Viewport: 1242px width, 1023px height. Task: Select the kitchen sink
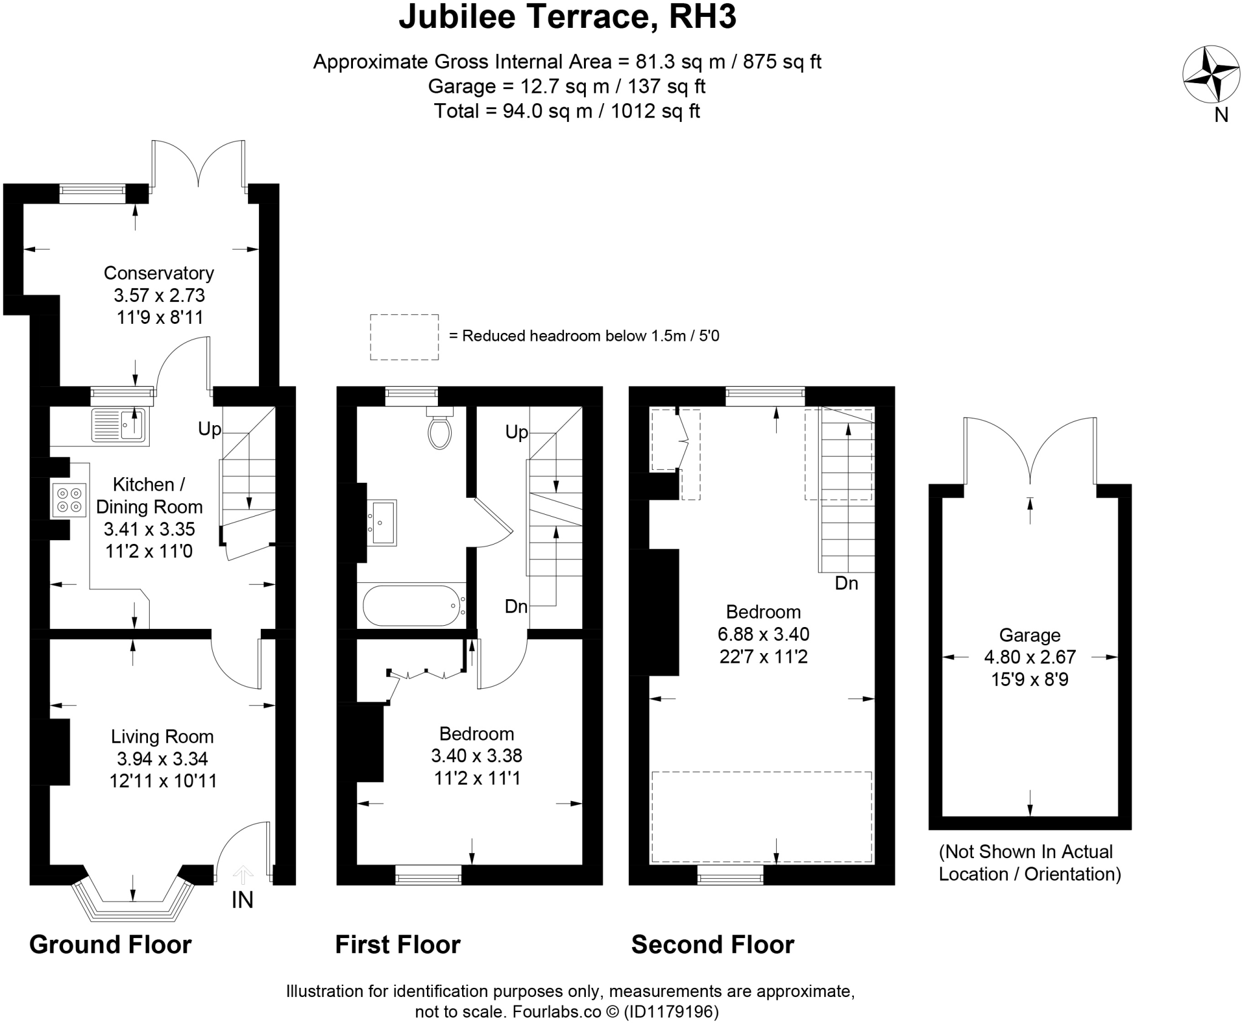pyautogui.click(x=119, y=424)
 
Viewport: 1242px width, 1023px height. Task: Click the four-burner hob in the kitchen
pyautogui.click(x=69, y=500)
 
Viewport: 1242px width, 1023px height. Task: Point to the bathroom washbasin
pyautogui.click(x=382, y=522)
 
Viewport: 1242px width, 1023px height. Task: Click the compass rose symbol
pyautogui.click(x=1203, y=75)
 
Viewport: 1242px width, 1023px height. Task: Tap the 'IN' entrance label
pyautogui.click(x=242, y=901)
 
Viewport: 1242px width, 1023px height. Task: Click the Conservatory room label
pyautogui.click(x=159, y=273)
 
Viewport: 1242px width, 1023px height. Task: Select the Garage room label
pyautogui.click(x=1030, y=635)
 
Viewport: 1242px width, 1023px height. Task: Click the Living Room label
pyautogui.click(x=162, y=737)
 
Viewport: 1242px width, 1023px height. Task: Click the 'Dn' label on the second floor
pyautogui.click(x=847, y=583)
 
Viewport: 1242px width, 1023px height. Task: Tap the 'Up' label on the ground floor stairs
pyautogui.click(x=210, y=429)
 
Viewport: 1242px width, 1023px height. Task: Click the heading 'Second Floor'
pyautogui.click(x=713, y=945)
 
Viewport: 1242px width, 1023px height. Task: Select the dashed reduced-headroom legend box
pyautogui.click(x=404, y=337)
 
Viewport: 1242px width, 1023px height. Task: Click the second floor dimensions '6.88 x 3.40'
pyautogui.click(x=764, y=634)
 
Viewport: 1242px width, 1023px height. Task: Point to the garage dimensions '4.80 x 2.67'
pyautogui.click(x=1030, y=657)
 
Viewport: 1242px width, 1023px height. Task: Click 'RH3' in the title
pyautogui.click(x=702, y=17)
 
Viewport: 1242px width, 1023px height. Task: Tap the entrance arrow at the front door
pyautogui.click(x=243, y=874)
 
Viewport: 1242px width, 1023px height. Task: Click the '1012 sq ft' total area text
pyautogui.click(x=655, y=112)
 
